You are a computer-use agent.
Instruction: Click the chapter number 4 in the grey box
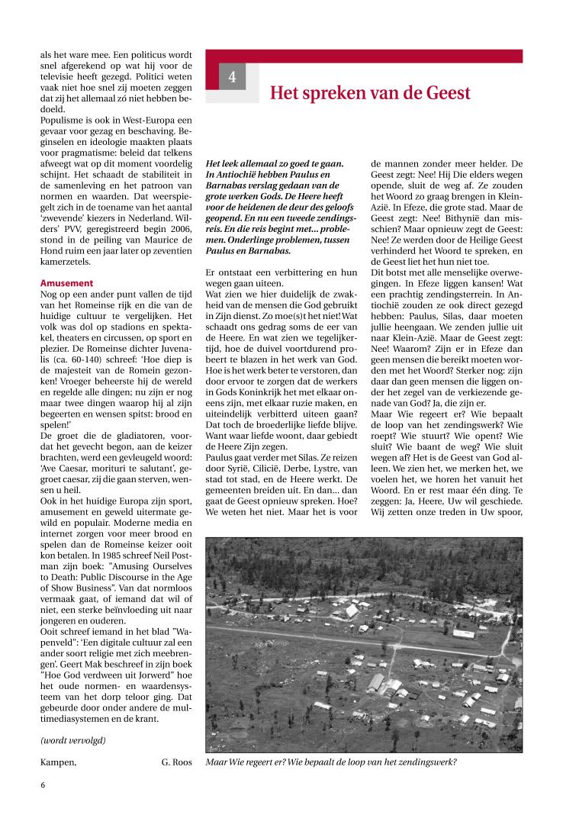coord(233,78)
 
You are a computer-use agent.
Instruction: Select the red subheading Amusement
coord(66,283)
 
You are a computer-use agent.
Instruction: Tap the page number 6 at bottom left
coord(43,783)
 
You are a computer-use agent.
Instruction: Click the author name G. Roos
coord(177,762)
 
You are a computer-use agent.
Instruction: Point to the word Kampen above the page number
coord(58,762)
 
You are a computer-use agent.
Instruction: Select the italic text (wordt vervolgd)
coord(72,740)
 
